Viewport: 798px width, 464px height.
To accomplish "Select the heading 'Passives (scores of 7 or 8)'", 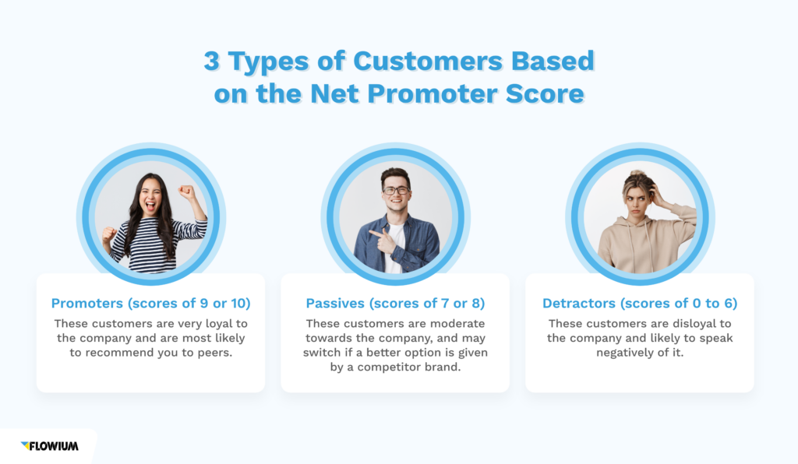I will (395, 303).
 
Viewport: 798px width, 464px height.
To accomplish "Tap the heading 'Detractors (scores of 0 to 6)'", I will (640, 303).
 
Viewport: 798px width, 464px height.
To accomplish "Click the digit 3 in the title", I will (211, 62).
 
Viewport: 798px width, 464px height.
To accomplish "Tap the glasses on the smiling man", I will (395, 190).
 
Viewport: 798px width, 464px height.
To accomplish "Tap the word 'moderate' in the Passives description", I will (456, 323).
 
